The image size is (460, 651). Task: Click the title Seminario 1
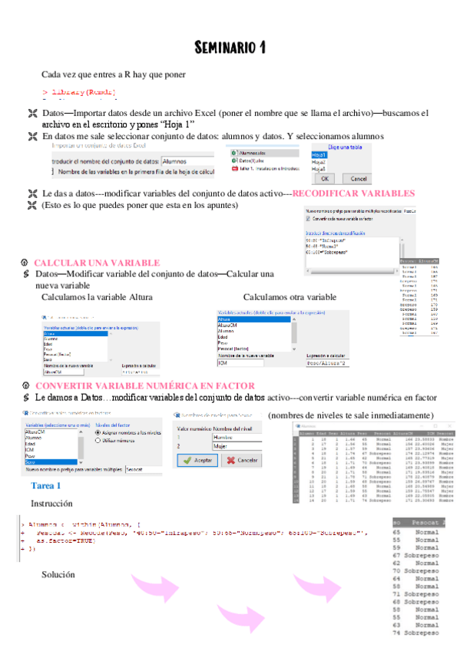click(230, 48)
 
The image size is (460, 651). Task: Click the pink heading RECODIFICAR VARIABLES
click(354, 193)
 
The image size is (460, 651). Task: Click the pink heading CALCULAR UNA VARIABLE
click(97, 263)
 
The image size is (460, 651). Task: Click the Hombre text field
click(234, 436)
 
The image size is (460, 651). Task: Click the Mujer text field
click(234, 445)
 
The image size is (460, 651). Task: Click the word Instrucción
click(51, 503)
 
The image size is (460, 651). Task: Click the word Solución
click(58, 574)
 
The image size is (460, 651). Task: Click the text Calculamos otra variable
click(290, 297)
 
